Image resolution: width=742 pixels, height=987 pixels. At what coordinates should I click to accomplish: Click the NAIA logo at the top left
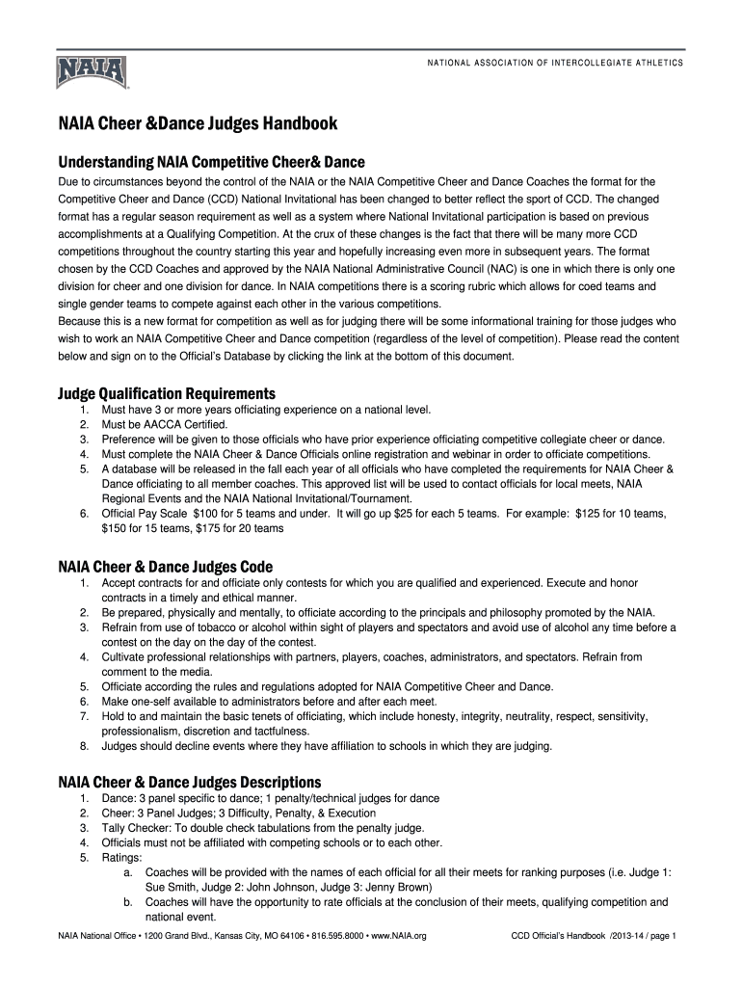(x=92, y=72)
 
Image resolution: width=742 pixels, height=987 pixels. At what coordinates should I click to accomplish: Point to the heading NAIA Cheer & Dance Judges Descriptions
(x=190, y=782)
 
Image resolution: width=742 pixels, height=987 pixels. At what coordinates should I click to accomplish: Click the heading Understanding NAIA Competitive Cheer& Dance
(x=211, y=162)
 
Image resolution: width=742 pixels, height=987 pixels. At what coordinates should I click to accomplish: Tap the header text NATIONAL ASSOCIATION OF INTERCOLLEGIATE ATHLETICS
(x=555, y=63)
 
